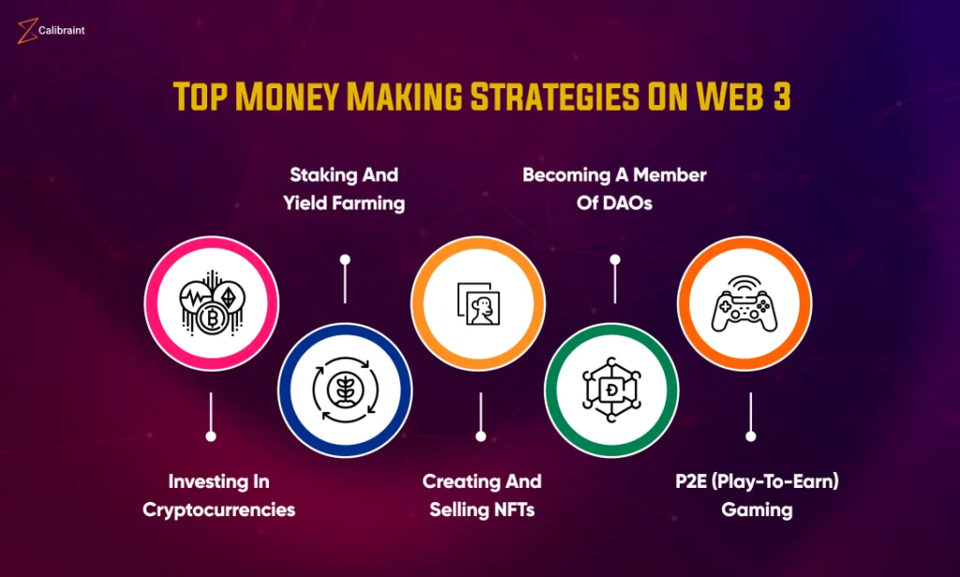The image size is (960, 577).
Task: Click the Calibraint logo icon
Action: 27,31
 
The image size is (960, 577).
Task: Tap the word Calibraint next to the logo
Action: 62,30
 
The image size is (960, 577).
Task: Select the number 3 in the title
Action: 781,97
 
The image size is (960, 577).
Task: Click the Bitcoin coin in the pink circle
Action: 213,318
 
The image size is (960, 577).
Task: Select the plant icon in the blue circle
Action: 345,389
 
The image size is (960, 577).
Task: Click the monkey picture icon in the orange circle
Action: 479,304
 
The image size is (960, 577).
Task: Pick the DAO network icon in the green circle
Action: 611,389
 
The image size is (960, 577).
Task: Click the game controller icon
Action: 744,304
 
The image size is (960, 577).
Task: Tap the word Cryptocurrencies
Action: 219,510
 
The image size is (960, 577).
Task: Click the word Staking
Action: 323,175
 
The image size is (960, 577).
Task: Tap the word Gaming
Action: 757,510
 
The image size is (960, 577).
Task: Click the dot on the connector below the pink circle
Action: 211,436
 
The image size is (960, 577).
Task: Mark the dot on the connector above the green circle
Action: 615,260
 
